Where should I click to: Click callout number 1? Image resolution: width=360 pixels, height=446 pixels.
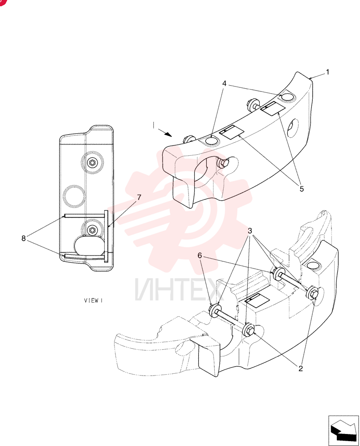pos(327,72)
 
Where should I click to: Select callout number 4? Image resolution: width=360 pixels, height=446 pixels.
pos(225,84)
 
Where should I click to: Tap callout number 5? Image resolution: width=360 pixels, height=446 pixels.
pos(302,189)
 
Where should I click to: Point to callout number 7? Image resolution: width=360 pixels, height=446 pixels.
pos(139,198)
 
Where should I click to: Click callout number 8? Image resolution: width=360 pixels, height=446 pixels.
pos(24,238)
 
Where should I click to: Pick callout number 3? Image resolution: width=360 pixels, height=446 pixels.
pos(250,231)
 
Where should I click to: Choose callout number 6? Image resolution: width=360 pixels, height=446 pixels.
pos(200,256)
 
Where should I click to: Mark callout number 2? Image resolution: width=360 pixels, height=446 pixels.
pos(301,368)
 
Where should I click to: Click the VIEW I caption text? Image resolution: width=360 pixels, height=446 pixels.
pos(93,300)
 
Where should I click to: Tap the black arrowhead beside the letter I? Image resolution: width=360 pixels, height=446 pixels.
pos(168,134)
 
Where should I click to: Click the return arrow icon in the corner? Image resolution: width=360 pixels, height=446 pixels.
pos(343,430)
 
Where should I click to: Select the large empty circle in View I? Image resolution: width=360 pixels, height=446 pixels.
pos(74,196)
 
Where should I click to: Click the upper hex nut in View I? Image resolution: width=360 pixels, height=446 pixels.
pos(92,163)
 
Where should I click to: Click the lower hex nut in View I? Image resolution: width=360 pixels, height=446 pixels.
pos(92,230)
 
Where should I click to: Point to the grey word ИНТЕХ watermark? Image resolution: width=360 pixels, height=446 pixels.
pos(178,290)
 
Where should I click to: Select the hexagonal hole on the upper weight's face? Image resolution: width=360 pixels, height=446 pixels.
pos(293,126)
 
